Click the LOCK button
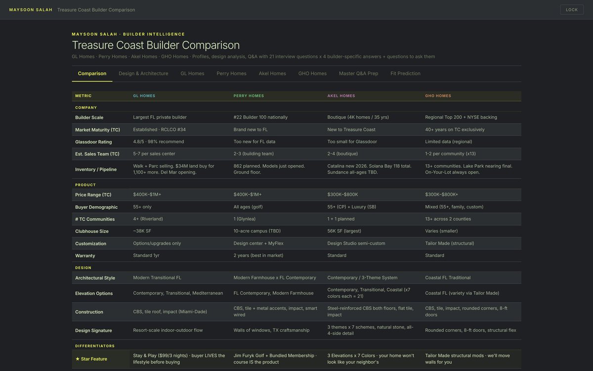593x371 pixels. (x=572, y=10)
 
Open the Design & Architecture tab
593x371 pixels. (x=143, y=73)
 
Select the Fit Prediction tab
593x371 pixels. (x=405, y=73)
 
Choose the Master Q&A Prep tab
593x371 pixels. (x=358, y=73)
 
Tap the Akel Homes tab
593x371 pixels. (x=272, y=73)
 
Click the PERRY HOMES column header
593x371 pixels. (x=249, y=95)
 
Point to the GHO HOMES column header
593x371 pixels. (x=438, y=95)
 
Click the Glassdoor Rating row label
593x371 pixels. (x=93, y=142)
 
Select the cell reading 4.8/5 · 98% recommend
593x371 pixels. (x=158, y=141)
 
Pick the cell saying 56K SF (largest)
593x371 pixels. (x=344, y=231)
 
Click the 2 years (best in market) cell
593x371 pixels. (x=258, y=255)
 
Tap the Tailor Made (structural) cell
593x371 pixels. (x=450, y=243)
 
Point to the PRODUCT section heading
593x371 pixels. (x=85, y=185)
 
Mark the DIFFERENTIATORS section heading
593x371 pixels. (x=95, y=346)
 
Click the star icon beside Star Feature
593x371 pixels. (x=77, y=359)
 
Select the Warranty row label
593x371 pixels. (x=85, y=256)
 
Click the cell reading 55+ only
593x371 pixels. (x=142, y=207)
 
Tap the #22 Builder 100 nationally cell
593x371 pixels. (x=260, y=117)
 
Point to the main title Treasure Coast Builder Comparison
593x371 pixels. (x=156, y=45)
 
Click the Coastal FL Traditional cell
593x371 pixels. (x=448, y=278)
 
